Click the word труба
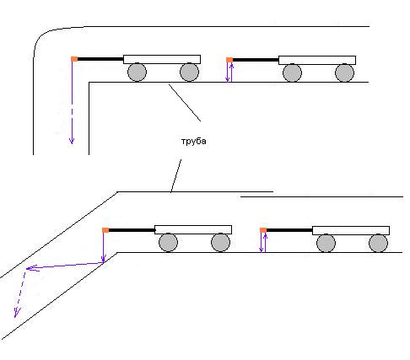(x=193, y=142)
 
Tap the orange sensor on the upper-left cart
(x=74, y=59)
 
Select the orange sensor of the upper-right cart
(x=229, y=60)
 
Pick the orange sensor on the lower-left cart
(x=105, y=230)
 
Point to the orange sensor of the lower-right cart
(x=263, y=230)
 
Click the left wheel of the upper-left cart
(x=137, y=73)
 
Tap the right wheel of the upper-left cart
(x=189, y=73)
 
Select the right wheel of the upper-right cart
(x=344, y=73)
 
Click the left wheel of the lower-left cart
(x=168, y=243)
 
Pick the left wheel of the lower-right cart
(x=326, y=243)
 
